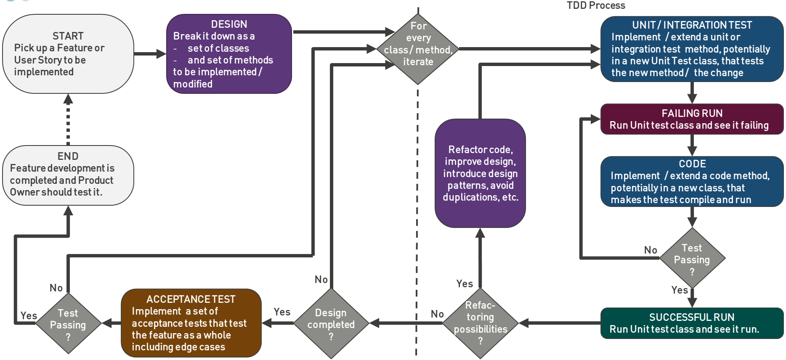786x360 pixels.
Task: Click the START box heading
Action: (68, 36)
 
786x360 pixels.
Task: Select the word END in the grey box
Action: (68, 156)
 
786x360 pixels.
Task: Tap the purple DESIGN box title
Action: (229, 24)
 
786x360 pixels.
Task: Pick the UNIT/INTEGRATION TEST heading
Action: (692, 25)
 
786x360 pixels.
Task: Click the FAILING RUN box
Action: (692, 119)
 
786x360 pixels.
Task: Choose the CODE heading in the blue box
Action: (692, 164)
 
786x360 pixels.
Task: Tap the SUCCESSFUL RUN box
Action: (692, 323)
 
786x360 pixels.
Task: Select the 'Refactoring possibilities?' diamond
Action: (480, 323)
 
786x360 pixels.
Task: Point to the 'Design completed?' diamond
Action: (331, 324)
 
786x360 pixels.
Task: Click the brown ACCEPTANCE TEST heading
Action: (191, 299)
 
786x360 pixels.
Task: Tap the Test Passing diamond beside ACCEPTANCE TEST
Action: (68, 324)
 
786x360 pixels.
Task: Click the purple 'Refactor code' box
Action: (480, 173)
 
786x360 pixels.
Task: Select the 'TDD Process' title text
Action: (596, 5)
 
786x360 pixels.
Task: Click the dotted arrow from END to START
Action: (68, 122)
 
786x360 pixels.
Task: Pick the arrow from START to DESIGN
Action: (149, 54)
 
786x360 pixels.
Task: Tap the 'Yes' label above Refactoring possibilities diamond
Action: (465, 284)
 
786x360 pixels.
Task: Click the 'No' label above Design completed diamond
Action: (321, 280)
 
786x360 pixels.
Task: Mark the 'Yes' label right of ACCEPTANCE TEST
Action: (282, 312)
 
